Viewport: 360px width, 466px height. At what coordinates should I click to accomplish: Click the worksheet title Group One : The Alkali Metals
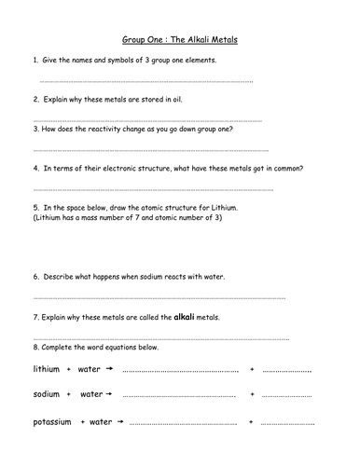tap(180, 41)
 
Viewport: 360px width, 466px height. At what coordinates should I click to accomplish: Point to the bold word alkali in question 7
tap(185, 317)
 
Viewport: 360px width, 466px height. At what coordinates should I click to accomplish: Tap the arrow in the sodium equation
tap(110, 394)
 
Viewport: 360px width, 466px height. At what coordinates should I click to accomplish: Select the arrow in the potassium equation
tap(120, 423)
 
